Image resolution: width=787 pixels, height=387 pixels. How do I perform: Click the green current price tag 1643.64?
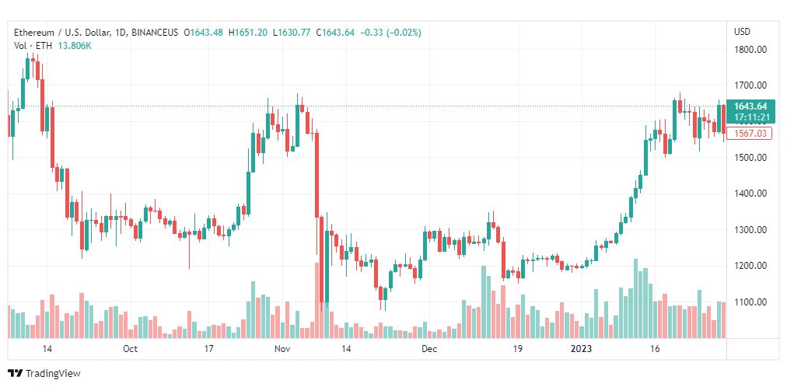click(750, 106)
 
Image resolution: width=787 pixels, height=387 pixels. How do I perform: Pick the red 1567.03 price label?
click(750, 134)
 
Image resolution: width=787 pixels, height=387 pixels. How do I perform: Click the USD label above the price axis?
click(743, 32)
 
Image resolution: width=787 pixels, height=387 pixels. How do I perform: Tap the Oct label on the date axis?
click(130, 349)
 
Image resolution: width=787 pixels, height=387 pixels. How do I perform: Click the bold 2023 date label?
click(582, 349)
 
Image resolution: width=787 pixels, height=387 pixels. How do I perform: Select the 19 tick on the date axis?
click(517, 349)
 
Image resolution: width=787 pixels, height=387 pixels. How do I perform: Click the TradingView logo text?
click(53, 374)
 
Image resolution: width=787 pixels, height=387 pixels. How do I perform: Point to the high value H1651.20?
click(248, 33)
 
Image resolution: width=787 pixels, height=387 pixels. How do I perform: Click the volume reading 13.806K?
click(75, 46)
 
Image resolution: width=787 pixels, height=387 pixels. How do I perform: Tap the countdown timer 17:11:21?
click(750, 117)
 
